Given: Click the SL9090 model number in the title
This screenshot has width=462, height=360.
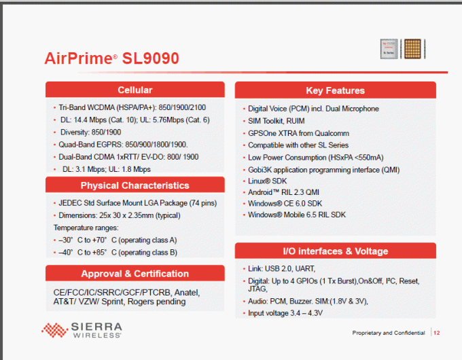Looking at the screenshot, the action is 150,58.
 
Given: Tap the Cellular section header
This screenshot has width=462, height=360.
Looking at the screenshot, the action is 135,90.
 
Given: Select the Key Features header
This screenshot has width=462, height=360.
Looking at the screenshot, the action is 336,90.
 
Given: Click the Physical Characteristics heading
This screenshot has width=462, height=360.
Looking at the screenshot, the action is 135,185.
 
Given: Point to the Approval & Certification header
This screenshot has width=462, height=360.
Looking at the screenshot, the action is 135,273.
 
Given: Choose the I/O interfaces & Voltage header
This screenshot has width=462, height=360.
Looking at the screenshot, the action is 336,251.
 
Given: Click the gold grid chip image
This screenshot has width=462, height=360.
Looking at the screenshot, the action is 412,49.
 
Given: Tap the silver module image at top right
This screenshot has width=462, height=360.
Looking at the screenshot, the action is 389,49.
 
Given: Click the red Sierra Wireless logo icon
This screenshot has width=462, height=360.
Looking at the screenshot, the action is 54,330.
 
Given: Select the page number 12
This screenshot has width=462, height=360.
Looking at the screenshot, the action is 437,333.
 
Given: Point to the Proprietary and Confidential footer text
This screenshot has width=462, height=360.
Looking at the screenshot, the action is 389,333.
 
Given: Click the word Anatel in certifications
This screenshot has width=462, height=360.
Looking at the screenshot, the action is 187,293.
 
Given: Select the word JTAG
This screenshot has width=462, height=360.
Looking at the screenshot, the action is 257,289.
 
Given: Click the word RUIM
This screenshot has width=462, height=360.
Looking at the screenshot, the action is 296,121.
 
